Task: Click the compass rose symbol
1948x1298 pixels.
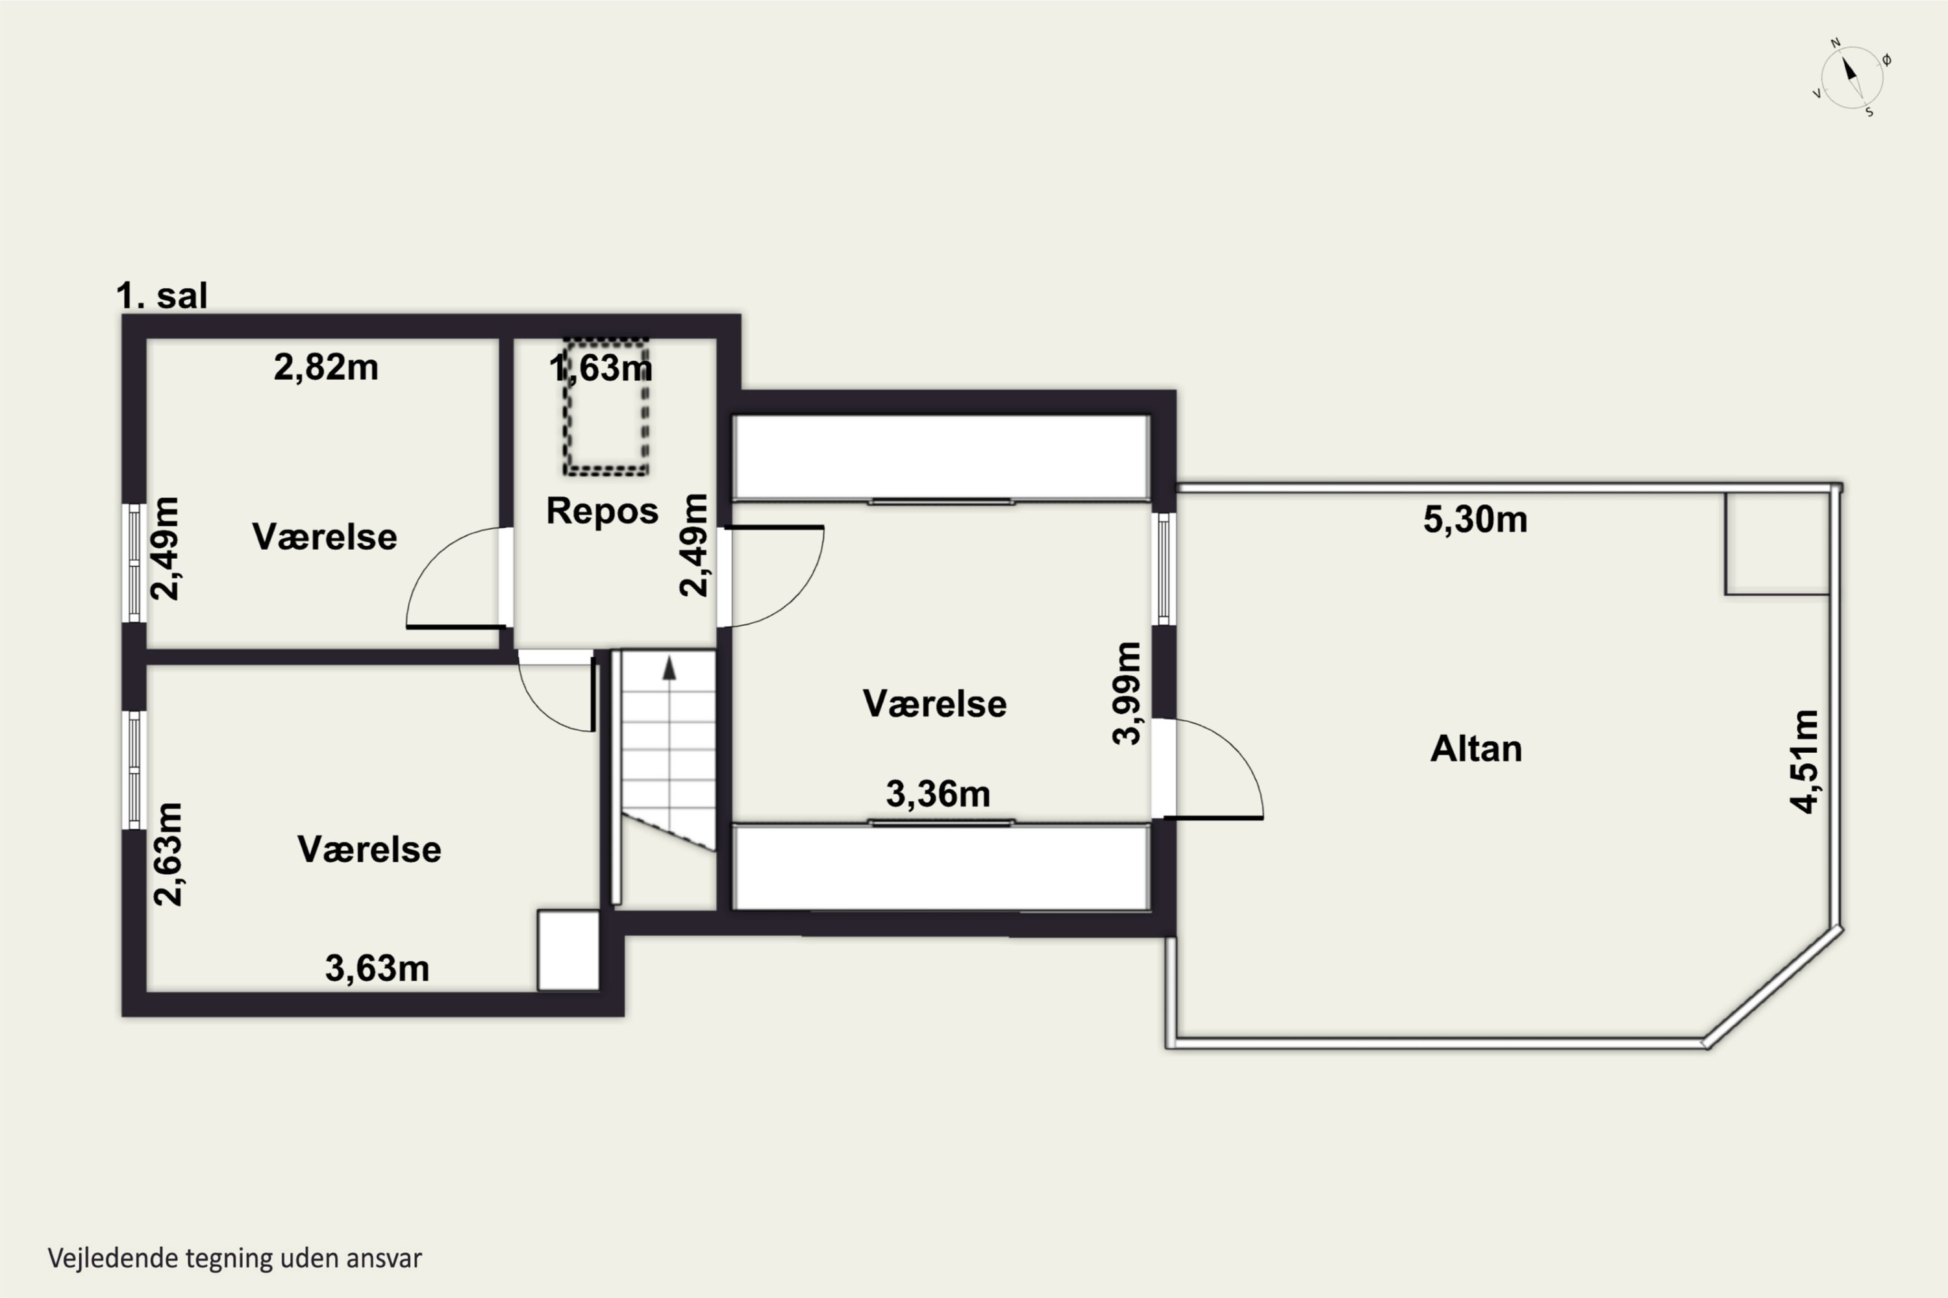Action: pyautogui.click(x=1852, y=78)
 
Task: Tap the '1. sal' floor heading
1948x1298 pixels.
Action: pyautogui.click(x=162, y=295)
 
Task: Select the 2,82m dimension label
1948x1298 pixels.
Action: pyautogui.click(x=327, y=367)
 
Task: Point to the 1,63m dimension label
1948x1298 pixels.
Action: pyautogui.click(x=601, y=367)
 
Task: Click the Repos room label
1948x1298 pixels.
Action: pyautogui.click(x=602, y=511)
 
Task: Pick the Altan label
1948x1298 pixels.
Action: pyautogui.click(x=1476, y=748)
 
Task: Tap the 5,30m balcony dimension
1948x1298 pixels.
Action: pyautogui.click(x=1475, y=520)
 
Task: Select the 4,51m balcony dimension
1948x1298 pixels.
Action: pyautogui.click(x=1806, y=761)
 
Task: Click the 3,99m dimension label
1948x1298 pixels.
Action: pyautogui.click(x=1127, y=694)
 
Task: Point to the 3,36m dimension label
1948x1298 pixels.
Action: pyautogui.click(x=938, y=794)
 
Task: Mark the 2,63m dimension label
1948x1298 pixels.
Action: pyautogui.click(x=168, y=854)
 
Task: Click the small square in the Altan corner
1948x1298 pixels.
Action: pyautogui.click(x=1777, y=543)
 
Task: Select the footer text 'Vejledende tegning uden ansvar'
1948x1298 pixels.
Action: pyautogui.click(x=235, y=1258)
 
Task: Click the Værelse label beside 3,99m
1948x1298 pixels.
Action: pyautogui.click(x=935, y=704)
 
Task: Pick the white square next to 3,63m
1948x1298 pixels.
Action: pyautogui.click(x=568, y=950)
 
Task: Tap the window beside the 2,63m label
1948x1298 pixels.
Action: pyautogui.click(x=134, y=770)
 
